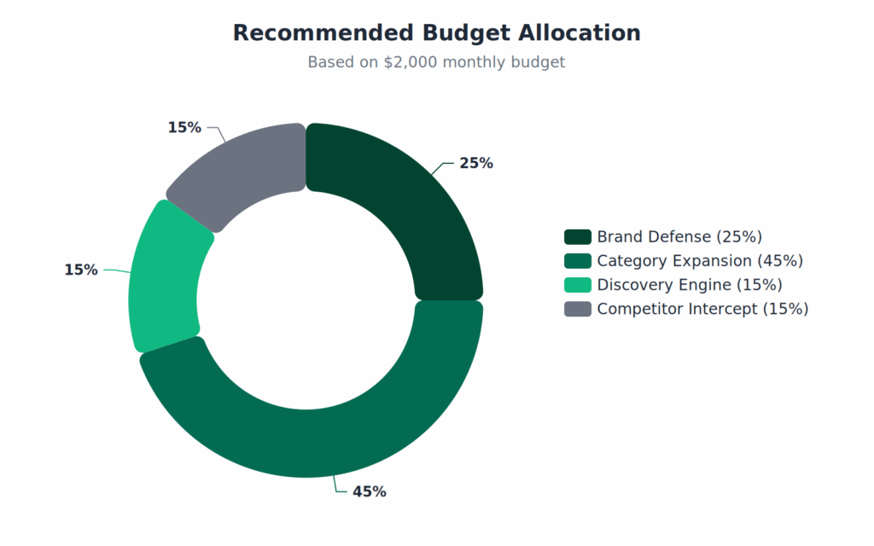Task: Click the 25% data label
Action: [x=476, y=163]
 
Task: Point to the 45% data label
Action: [x=370, y=491]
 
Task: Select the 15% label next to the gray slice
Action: [x=184, y=127]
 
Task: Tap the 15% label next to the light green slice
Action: [x=81, y=270]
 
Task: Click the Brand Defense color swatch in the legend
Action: [x=577, y=236]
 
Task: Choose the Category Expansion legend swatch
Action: [x=577, y=260]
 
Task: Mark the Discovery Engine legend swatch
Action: [x=577, y=284]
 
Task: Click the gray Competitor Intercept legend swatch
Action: [x=577, y=308]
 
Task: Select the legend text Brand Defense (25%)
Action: [x=679, y=236]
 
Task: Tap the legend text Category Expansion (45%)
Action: [x=700, y=260]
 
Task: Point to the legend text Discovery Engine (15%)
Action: [x=690, y=284]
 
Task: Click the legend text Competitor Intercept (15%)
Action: [x=702, y=308]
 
